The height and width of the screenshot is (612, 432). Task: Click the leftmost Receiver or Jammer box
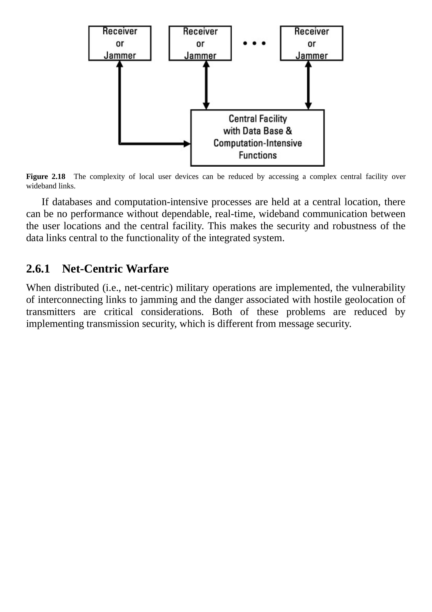120,43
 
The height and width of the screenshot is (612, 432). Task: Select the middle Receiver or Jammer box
200,43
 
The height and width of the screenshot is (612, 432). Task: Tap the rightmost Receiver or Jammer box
311,43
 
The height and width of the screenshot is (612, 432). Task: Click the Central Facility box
257,138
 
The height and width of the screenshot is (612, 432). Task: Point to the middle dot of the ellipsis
254,43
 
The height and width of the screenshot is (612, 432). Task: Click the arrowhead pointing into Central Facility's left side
187,144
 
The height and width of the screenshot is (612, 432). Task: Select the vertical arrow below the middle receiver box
206,85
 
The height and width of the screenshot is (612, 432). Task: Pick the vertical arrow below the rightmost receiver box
308,85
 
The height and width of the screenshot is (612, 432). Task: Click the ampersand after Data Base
289,131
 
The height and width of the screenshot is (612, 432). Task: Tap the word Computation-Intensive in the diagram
257,143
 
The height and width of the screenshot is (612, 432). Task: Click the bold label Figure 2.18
46,176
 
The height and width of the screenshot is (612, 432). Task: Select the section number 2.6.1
38,269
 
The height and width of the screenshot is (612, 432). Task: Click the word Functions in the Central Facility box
257,155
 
